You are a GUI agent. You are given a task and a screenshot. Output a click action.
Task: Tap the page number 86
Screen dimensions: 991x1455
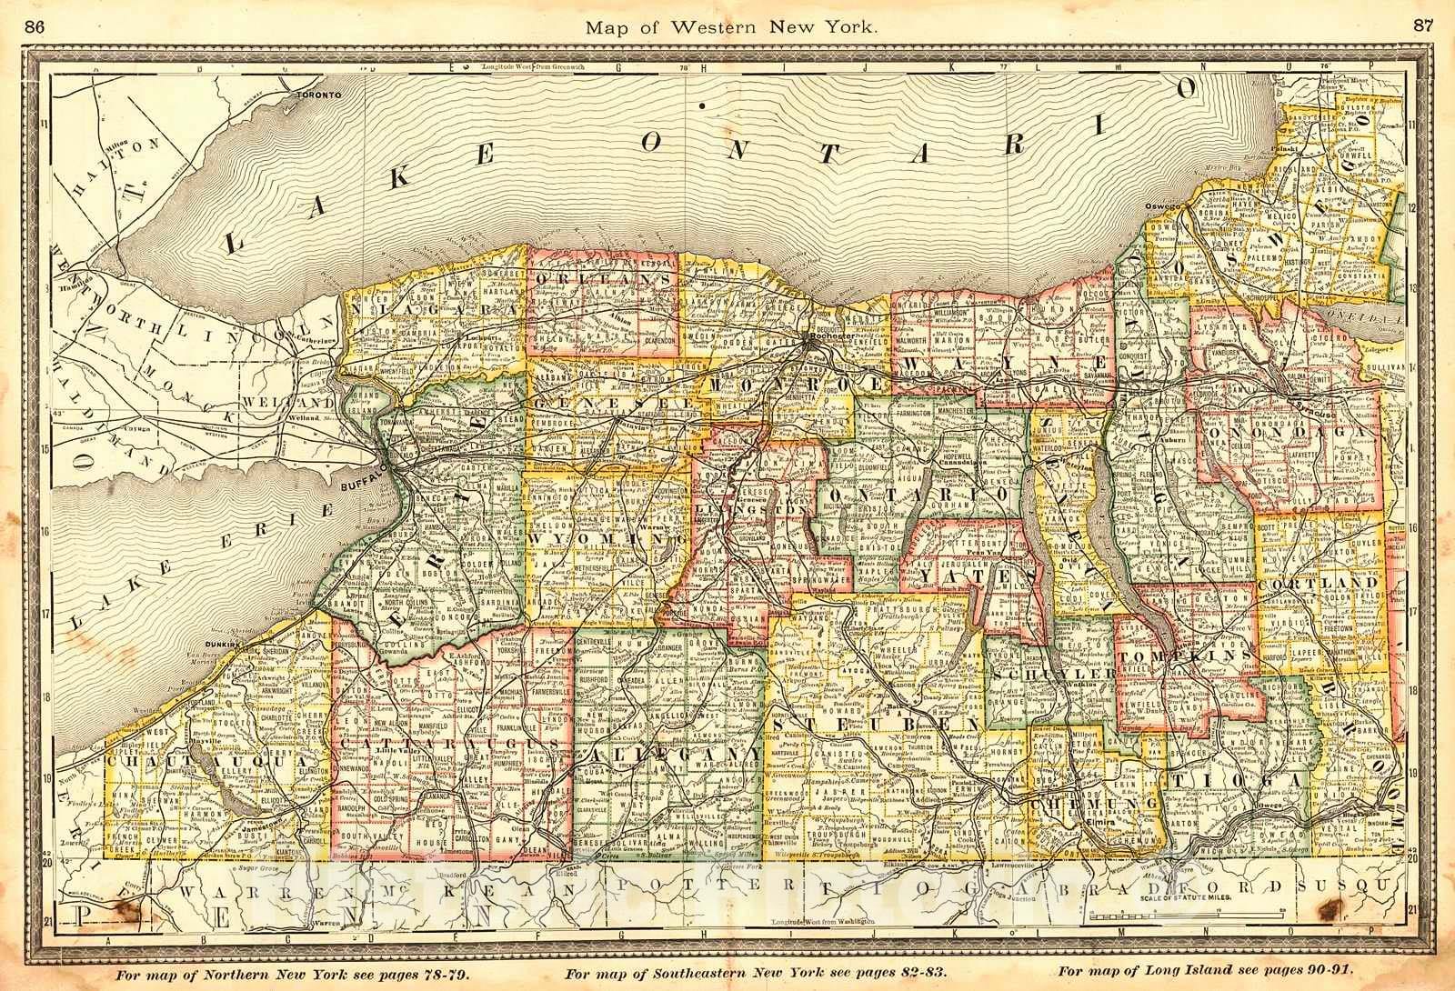pyautogui.click(x=38, y=26)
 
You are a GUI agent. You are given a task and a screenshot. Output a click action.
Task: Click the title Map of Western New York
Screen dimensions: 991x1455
pyautogui.click(x=731, y=26)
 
